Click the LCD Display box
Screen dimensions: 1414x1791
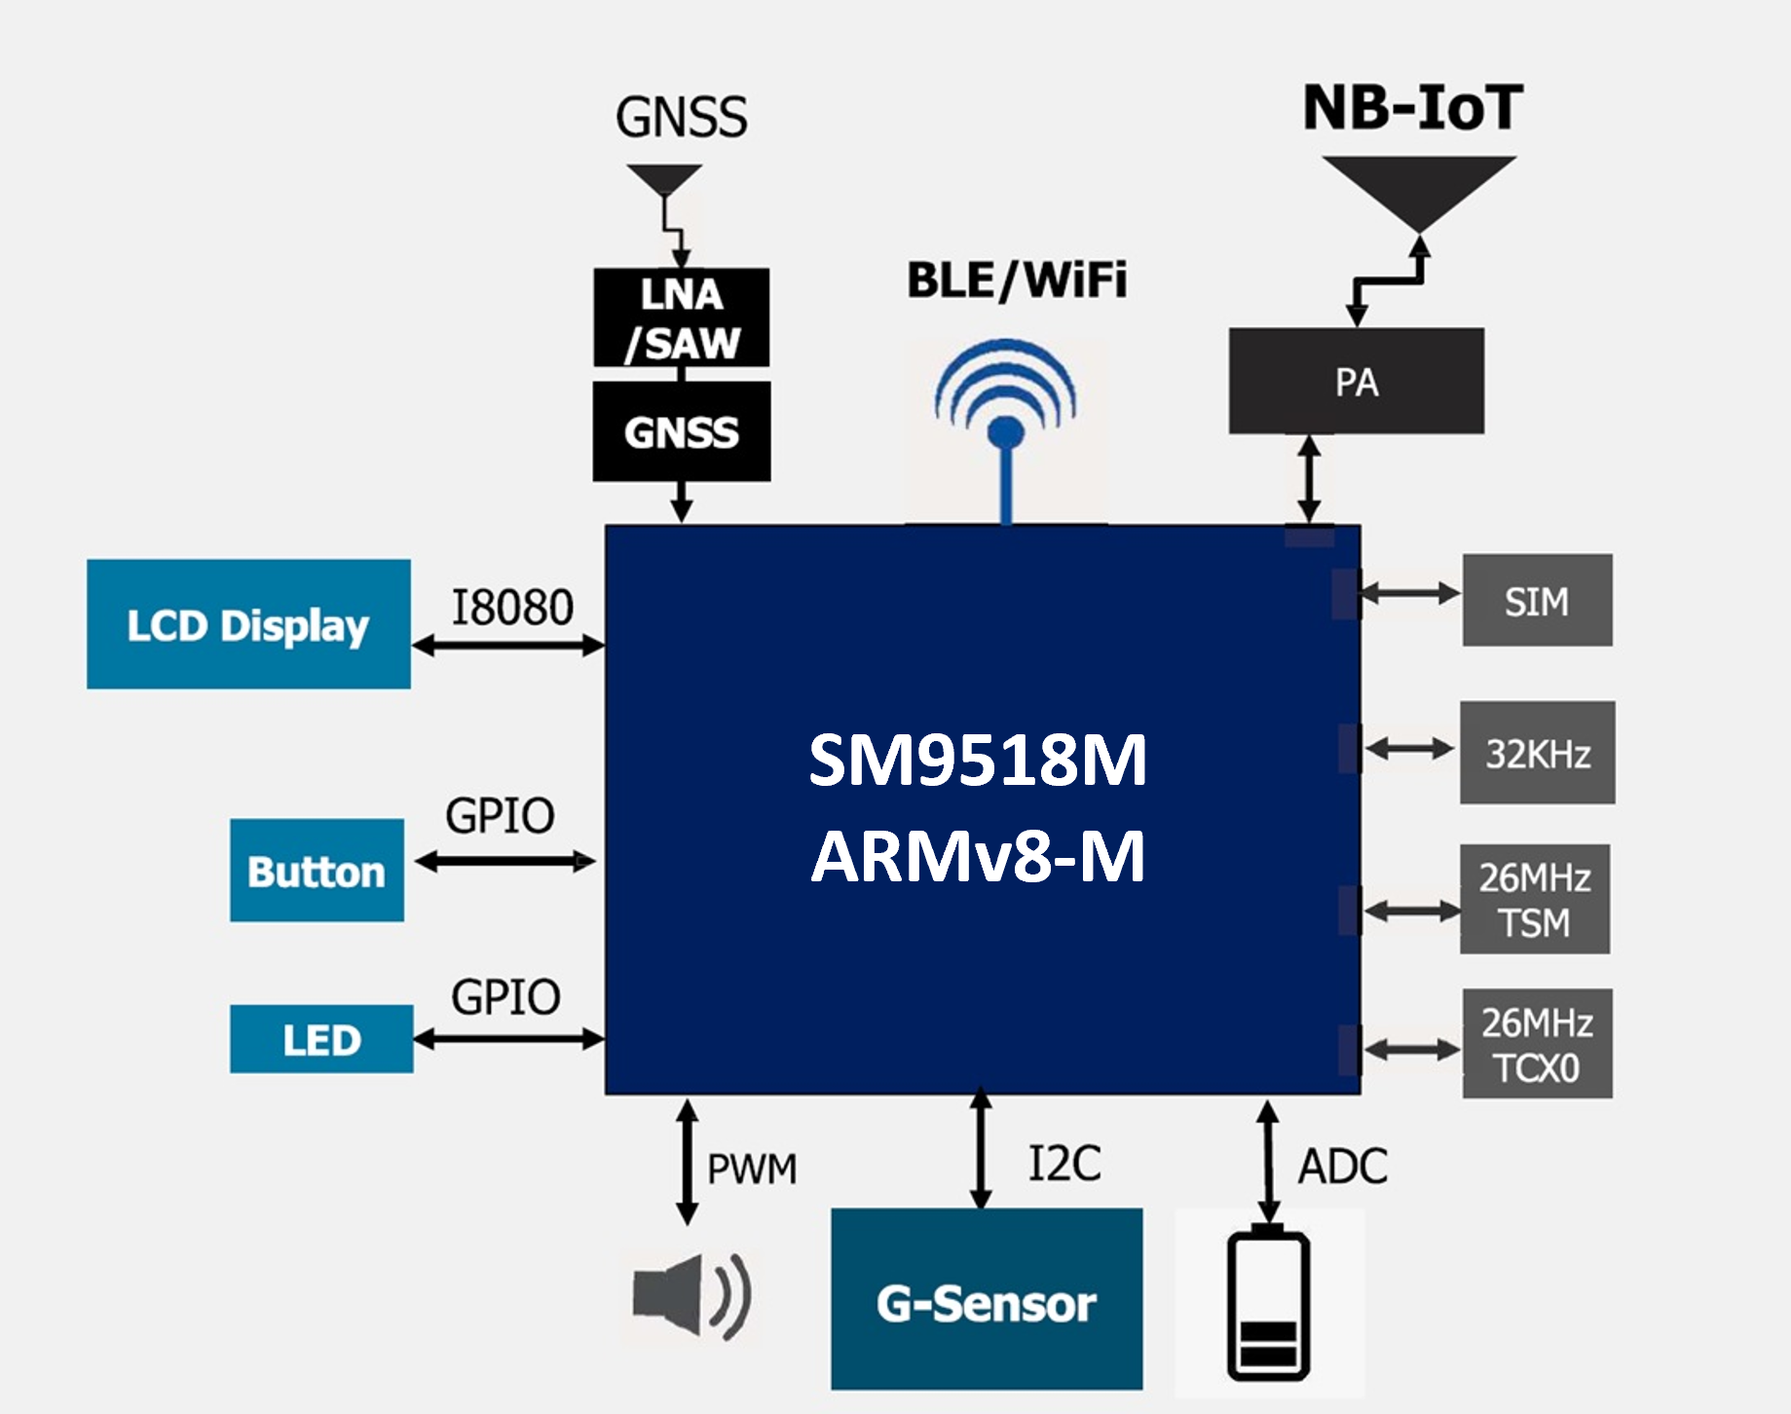click(248, 624)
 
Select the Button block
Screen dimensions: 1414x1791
click(317, 871)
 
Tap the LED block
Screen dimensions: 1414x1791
click(321, 1039)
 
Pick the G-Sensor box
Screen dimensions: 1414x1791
click(986, 1300)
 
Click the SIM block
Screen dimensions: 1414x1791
click(1537, 601)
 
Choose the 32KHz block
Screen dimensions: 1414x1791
click(1537, 753)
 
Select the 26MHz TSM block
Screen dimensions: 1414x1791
click(1534, 899)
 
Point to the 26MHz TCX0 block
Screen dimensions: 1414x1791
click(1537, 1044)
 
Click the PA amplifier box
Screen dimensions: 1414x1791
click(1356, 381)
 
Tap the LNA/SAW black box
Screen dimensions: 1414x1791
click(681, 317)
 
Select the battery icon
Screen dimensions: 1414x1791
click(1268, 1305)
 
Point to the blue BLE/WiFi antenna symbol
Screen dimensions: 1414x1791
click(1005, 419)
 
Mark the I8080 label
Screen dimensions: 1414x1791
click(512, 608)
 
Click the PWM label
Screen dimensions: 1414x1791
click(752, 1169)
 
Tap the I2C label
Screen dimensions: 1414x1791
click(1064, 1164)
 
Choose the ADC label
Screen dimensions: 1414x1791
click(1342, 1166)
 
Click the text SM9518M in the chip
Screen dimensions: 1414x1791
click(978, 760)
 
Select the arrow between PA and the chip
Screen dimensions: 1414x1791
click(1309, 478)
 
